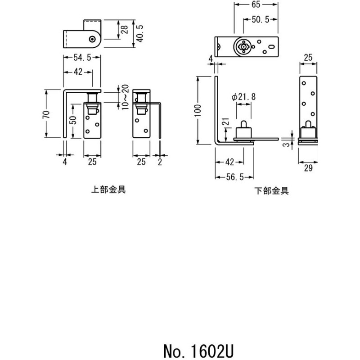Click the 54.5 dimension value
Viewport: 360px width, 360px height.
[x=82, y=58]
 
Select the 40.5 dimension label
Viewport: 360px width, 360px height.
[x=139, y=33]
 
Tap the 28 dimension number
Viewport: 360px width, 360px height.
[x=125, y=30]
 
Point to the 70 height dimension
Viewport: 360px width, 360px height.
[x=47, y=114]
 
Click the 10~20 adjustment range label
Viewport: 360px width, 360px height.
[x=126, y=97]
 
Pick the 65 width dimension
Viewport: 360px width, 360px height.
[x=256, y=4]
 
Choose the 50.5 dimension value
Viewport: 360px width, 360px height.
[x=261, y=19]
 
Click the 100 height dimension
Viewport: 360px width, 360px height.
[x=198, y=110]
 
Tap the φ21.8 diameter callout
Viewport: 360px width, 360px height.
[x=243, y=97]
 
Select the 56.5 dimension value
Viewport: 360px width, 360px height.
[x=234, y=177]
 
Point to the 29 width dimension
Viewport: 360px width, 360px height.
[x=308, y=168]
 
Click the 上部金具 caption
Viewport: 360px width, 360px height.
[x=108, y=189]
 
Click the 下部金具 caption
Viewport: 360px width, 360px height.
[x=272, y=191]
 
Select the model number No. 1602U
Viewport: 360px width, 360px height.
[x=198, y=351]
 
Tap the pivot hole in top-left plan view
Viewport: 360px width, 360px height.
[x=93, y=39]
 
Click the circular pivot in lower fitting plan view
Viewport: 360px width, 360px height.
[x=243, y=47]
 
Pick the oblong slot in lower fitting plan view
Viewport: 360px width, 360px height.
[x=271, y=47]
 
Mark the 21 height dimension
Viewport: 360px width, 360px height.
[x=226, y=121]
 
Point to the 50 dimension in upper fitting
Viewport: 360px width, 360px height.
[x=73, y=120]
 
